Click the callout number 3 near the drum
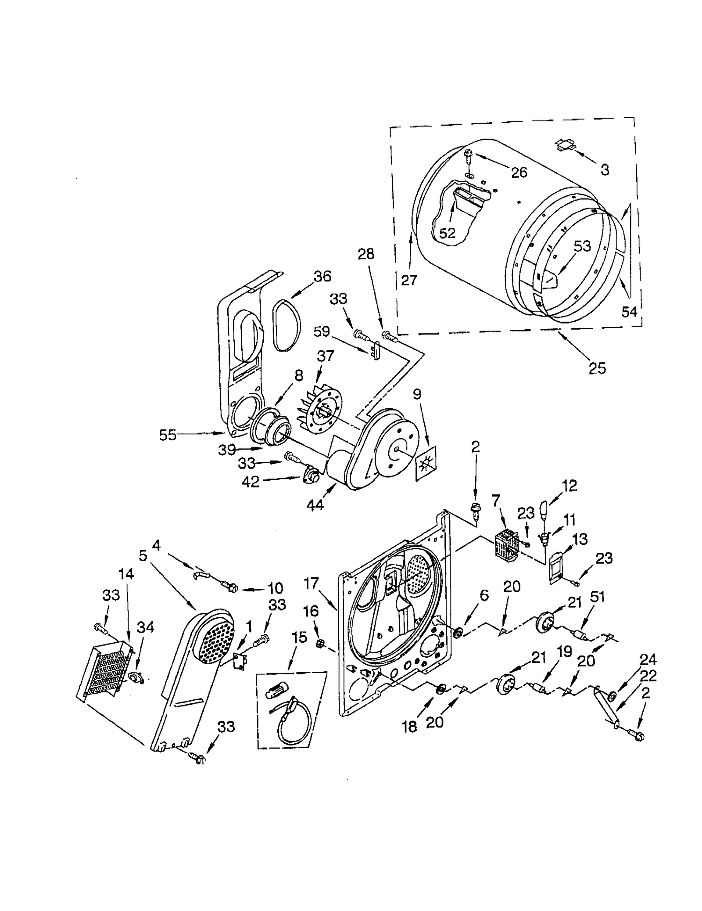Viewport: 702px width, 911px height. [605, 170]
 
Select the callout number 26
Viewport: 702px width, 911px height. [519, 172]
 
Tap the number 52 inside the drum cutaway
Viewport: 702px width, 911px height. [447, 233]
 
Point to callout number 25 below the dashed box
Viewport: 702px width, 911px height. [597, 368]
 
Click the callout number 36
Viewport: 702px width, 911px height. [322, 276]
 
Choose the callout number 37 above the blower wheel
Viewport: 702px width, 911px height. [325, 356]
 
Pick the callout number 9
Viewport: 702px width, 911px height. [416, 394]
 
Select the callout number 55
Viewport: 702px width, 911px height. [168, 435]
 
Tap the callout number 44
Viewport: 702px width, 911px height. [315, 505]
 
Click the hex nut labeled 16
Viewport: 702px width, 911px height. [320, 644]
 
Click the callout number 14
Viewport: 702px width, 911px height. [125, 573]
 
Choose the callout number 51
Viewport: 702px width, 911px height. [598, 596]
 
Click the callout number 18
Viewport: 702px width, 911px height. [409, 727]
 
